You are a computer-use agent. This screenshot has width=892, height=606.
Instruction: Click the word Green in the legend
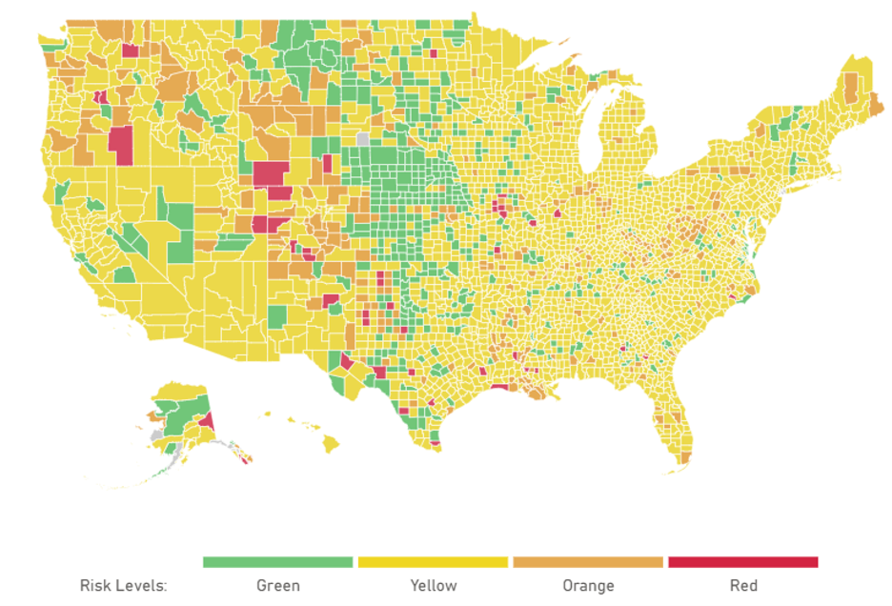click(x=278, y=585)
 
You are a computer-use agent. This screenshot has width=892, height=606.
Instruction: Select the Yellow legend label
click(x=433, y=585)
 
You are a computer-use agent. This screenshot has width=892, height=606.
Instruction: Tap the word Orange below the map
click(x=588, y=585)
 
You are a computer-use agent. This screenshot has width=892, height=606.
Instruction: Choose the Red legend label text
click(x=742, y=585)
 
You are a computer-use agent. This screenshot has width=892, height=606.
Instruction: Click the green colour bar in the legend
click(x=278, y=562)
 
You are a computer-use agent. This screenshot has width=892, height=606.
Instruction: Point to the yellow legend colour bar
click(x=433, y=562)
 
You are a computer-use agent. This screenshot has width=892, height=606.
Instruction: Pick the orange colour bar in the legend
click(x=588, y=562)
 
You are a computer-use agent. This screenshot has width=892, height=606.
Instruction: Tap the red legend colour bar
click(x=743, y=562)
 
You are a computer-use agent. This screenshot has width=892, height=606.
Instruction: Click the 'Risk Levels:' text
click(x=123, y=585)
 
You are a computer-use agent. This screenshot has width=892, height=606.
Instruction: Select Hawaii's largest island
click(x=331, y=443)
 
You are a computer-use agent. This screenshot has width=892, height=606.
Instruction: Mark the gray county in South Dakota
click(x=362, y=139)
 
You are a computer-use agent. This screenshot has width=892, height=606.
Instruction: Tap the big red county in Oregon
click(x=120, y=145)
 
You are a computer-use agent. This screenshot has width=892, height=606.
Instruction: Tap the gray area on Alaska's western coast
click(x=156, y=434)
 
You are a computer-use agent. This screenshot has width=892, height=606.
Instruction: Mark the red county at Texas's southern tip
click(x=436, y=442)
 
